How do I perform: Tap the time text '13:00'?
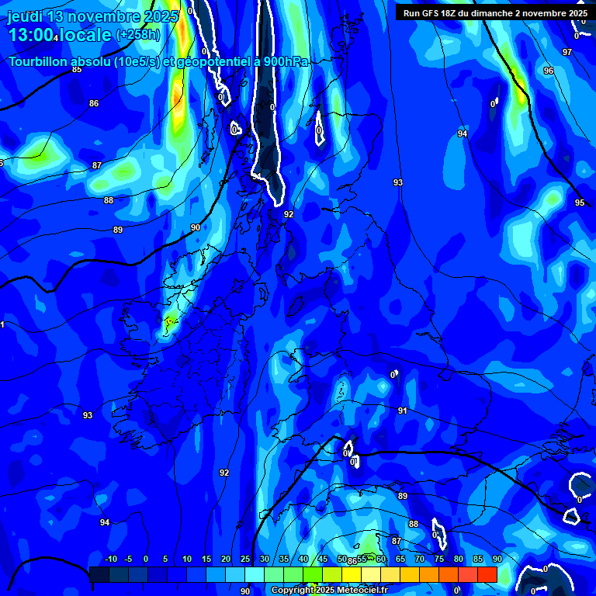click(x=31, y=36)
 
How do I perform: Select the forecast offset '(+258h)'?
click(x=138, y=35)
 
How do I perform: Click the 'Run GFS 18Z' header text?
click(x=435, y=13)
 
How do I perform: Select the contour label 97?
click(x=567, y=52)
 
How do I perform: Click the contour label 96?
click(x=549, y=71)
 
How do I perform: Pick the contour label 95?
click(x=580, y=203)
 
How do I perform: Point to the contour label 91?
click(x=402, y=411)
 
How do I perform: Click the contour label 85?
click(x=76, y=70)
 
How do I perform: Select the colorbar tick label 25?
click(x=244, y=559)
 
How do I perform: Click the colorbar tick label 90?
click(x=497, y=559)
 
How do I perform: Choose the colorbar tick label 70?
click(x=419, y=559)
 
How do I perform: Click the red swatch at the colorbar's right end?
click(x=487, y=574)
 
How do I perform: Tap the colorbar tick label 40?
click(x=303, y=559)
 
